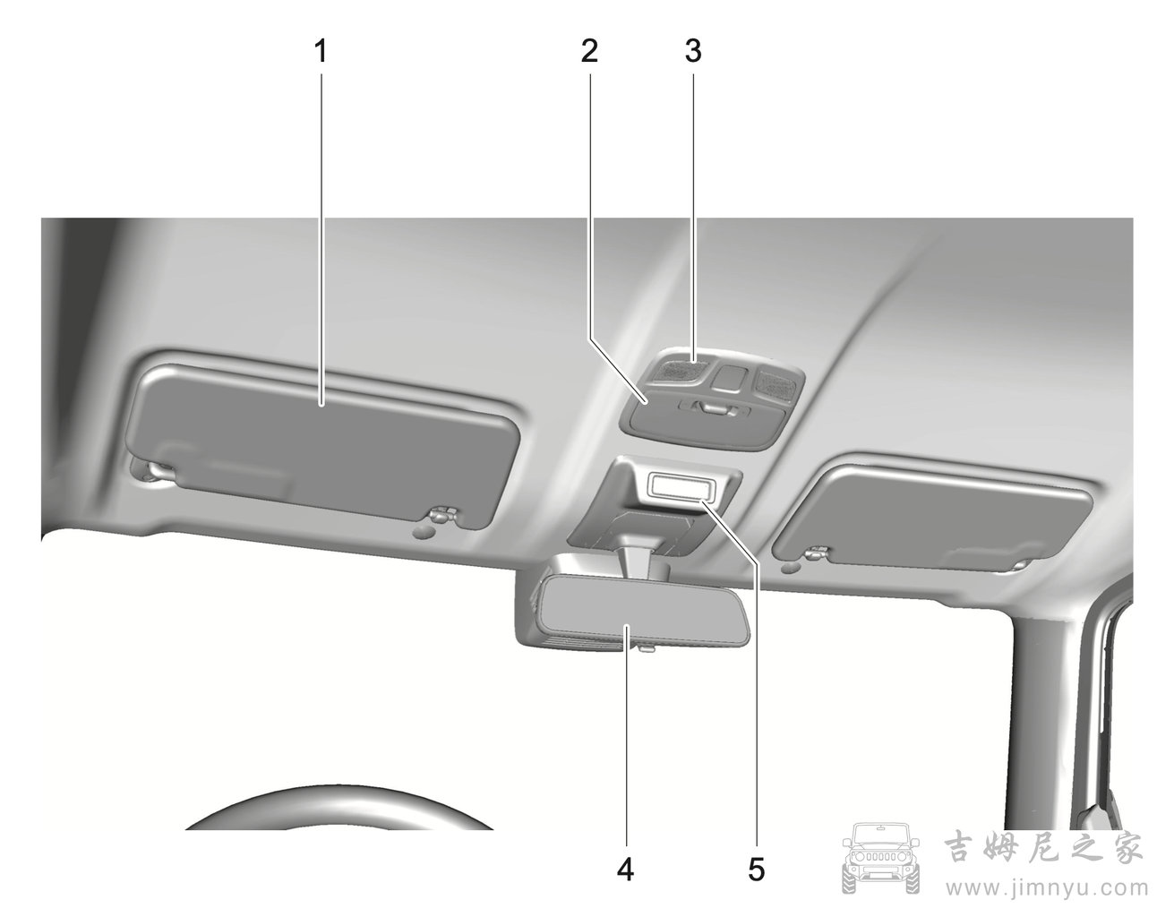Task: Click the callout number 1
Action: point(321,52)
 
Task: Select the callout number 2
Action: point(589,52)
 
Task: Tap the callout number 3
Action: point(693,52)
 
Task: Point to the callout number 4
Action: point(625,870)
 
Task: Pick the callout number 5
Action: point(757,870)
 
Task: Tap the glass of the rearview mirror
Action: point(643,609)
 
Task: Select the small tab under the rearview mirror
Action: point(645,649)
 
